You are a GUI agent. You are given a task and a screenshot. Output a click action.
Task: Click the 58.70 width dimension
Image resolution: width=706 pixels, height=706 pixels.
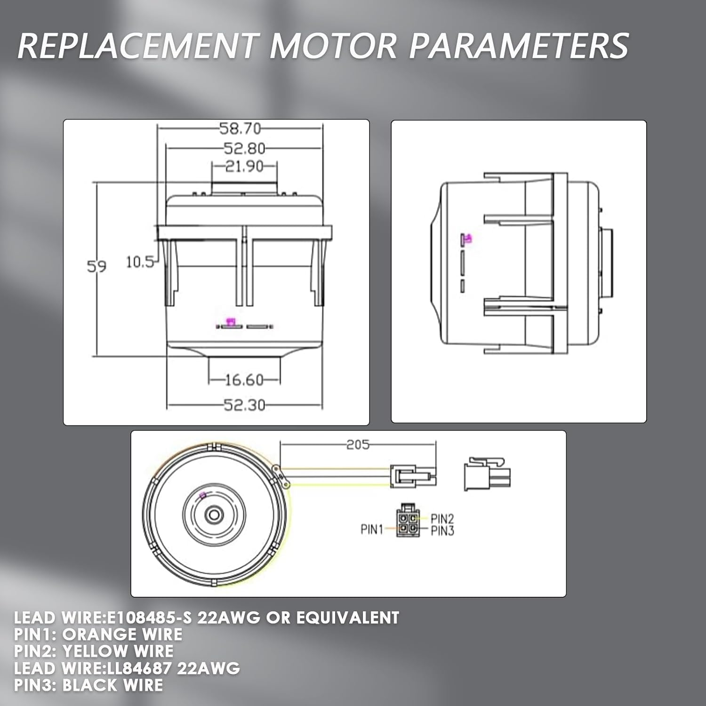click(x=240, y=128)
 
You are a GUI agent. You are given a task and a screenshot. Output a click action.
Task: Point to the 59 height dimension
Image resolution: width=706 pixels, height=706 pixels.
click(x=96, y=267)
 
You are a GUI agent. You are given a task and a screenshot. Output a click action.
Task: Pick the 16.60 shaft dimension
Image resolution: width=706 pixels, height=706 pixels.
click(x=244, y=380)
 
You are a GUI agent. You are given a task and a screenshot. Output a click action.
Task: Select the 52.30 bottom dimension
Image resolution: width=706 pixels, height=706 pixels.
click(x=244, y=405)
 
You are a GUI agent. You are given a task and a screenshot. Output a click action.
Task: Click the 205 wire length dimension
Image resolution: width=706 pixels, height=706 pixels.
click(x=358, y=444)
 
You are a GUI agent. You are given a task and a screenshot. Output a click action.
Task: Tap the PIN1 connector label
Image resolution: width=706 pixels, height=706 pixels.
click(x=372, y=529)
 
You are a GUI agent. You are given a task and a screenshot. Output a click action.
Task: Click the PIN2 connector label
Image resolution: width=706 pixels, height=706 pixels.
click(x=442, y=519)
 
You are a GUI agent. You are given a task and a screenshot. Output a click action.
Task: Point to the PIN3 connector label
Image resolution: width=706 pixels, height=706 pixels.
click(x=442, y=531)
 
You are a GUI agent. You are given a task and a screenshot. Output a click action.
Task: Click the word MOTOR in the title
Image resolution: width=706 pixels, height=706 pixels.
click(x=333, y=46)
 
